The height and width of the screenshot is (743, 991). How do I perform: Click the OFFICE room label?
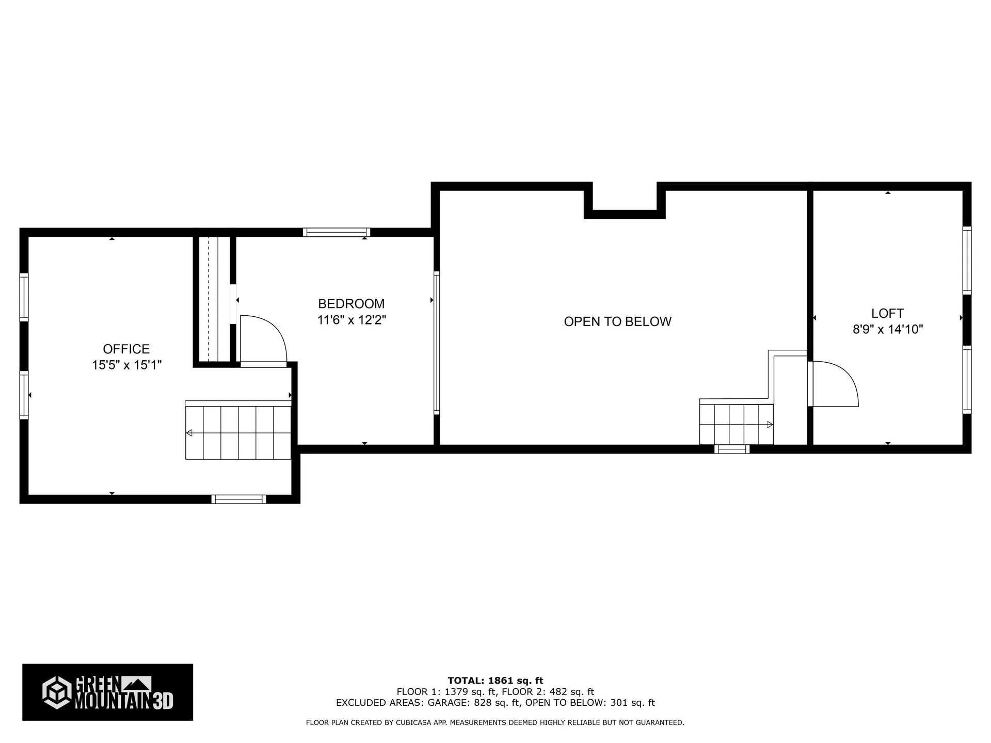pos(126,349)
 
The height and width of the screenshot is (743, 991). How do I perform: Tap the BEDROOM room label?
pos(351,303)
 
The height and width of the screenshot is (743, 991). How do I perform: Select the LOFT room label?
pos(887,313)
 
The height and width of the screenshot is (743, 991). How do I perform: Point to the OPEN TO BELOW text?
pos(617,321)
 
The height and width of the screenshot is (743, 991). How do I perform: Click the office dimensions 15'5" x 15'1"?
pos(127,365)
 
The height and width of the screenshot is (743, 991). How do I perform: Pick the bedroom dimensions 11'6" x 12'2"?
pos(351,320)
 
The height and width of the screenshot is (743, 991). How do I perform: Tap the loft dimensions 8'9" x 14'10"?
pos(888,329)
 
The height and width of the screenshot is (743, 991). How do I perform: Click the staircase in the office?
pos(238,432)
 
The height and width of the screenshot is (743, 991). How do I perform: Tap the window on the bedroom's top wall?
pos(336,232)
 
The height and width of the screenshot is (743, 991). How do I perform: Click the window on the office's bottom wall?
pos(238,499)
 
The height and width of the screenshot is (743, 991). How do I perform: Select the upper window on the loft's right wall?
pos(967,261)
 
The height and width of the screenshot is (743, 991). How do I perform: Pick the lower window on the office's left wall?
pos(24,395)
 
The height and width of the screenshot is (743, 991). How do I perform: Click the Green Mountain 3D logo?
pos(107,692)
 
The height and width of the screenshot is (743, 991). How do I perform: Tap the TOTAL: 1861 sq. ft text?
pos(495,681)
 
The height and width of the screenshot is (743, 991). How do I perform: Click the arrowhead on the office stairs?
pos(189,433)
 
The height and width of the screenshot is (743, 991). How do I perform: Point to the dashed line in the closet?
pos(209,299)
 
